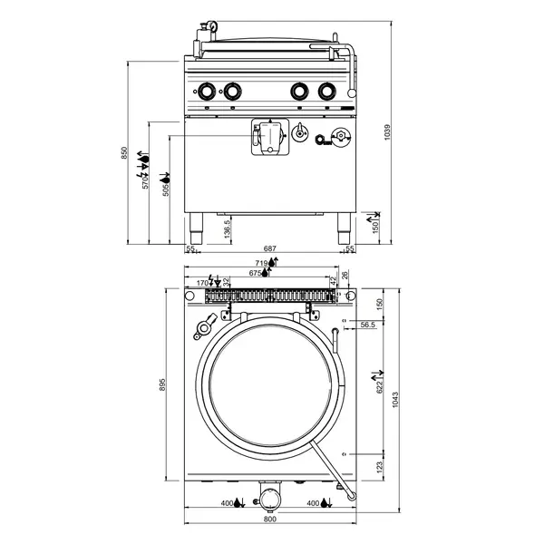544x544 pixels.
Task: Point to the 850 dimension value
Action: (126, 155)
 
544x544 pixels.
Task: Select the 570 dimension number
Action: (145, 182)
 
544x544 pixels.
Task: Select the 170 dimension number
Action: (200, 282)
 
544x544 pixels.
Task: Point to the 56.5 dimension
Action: (367, 324)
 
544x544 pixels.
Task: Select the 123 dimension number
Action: (379, 465)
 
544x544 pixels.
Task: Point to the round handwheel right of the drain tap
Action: (340, 136)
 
